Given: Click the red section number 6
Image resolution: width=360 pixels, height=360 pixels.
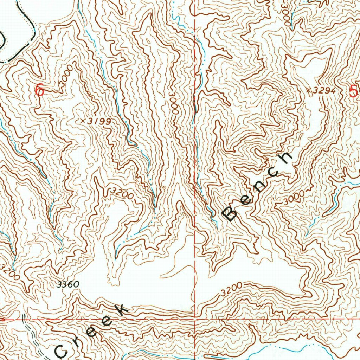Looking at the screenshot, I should point(40,90).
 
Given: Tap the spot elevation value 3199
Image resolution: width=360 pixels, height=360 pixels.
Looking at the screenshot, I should point(99,121).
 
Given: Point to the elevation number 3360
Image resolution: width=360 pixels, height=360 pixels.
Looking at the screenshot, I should point(67,284).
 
